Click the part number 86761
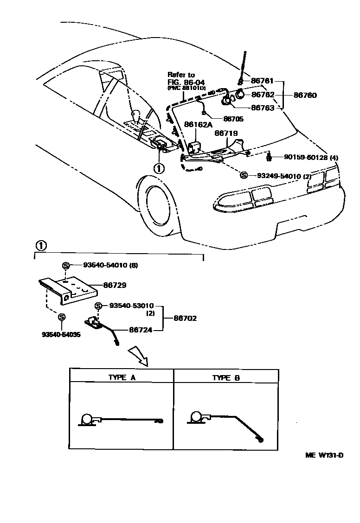pyautogui.click(x=263, y=81)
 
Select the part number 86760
pyautogui.click(x=305, y=95)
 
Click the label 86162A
pyautogui.click(x=198, y=125)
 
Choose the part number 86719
pyautogui.click(x=226, y=133)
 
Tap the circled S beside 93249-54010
pyautogui.click(x=244, y=175)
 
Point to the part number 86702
pyautogui.click(x=185, y=318)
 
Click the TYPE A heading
pyautogui.click(x=122, y=377)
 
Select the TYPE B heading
pyautogui.click(x=226, y=377)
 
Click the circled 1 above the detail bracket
pyautogui.click(x=41, y=245)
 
